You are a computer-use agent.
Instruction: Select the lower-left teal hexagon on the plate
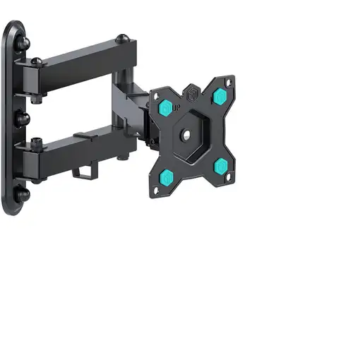click(x=168, y=176)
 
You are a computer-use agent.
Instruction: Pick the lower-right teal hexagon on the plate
click(x=220, y=167)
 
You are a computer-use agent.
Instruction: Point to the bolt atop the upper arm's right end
click(x=123, y=38)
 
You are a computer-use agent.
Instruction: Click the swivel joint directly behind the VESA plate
click(x=145, y=124)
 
